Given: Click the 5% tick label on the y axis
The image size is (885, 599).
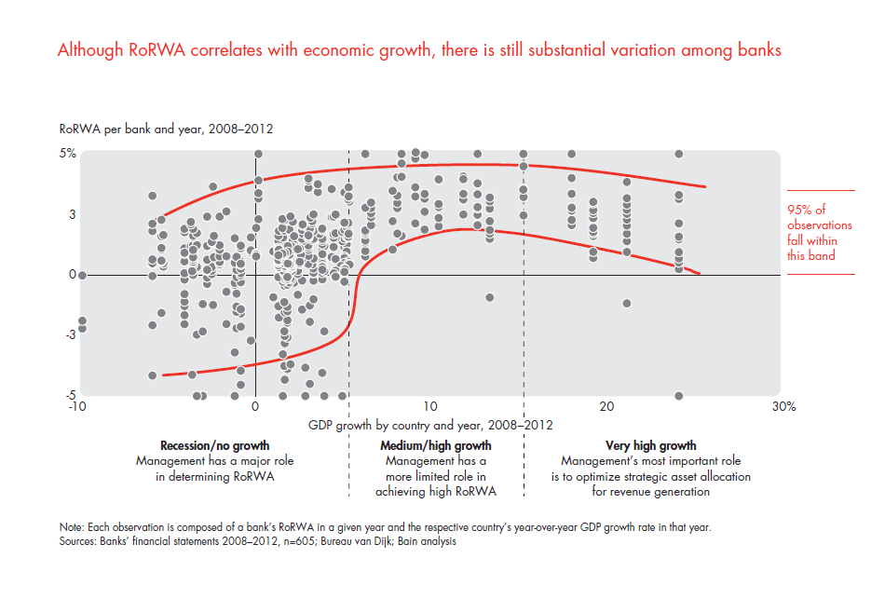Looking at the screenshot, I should (x=68, y=154).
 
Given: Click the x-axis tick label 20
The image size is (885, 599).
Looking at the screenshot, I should (x=606, y=407).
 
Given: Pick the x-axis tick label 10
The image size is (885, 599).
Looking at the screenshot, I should (x=429, y=407).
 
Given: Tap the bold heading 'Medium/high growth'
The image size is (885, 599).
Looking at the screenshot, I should (x=436, y=446).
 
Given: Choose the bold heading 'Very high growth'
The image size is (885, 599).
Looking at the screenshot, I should (x=650, y=446).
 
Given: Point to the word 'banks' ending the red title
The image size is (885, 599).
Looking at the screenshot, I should (x=758, y=50).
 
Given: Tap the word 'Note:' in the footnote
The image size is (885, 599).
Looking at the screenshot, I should (x=73, y=527).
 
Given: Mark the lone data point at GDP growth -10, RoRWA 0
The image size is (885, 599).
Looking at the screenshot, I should (x=82, y=275).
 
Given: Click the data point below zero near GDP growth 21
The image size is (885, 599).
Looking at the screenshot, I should (x=627, y=303).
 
